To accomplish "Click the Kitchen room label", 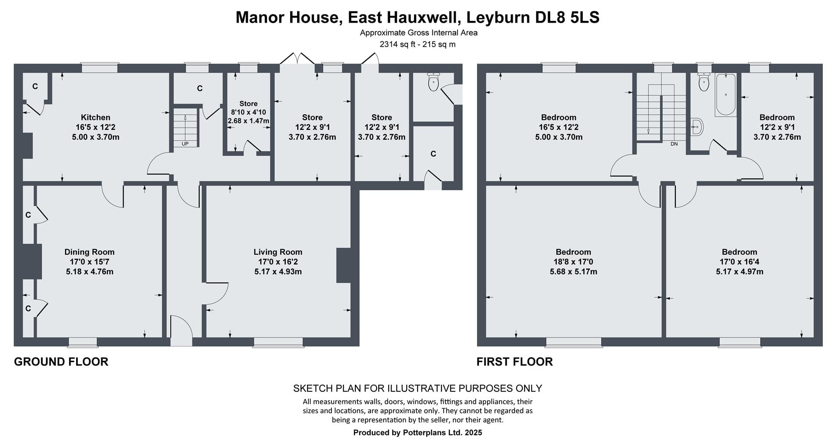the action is click(96, 118).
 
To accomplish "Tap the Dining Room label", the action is click(90, 252).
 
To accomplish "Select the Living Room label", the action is click(278, 252).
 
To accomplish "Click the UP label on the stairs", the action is click(185, 144).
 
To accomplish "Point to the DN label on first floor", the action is click(674, 144).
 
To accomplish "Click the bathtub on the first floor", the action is click(725, 94).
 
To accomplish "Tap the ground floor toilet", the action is click(434, 81).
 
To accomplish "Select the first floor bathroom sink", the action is click(697, 127).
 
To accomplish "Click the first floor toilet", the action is click(704, 82).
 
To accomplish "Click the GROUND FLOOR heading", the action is click(61, 362).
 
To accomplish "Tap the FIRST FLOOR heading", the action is click(514, 362).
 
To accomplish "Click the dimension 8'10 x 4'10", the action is click(248, 112).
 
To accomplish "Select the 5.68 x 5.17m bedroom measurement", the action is click(573, 272).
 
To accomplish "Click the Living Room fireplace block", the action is click(344, 266).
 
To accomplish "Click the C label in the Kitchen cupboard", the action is click(35, 86).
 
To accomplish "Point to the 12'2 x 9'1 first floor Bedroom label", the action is click(777, 127).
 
